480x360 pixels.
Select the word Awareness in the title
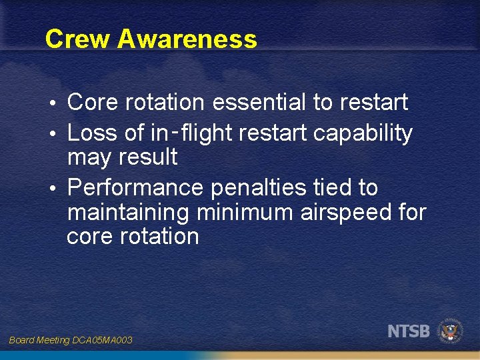[x=187, y=39]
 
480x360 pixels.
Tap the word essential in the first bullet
[x=260, y=103]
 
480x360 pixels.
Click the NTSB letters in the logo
[x=409, y=331]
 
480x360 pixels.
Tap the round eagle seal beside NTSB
[x=450, y=331]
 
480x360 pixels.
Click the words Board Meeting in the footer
[x=39, y=341]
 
